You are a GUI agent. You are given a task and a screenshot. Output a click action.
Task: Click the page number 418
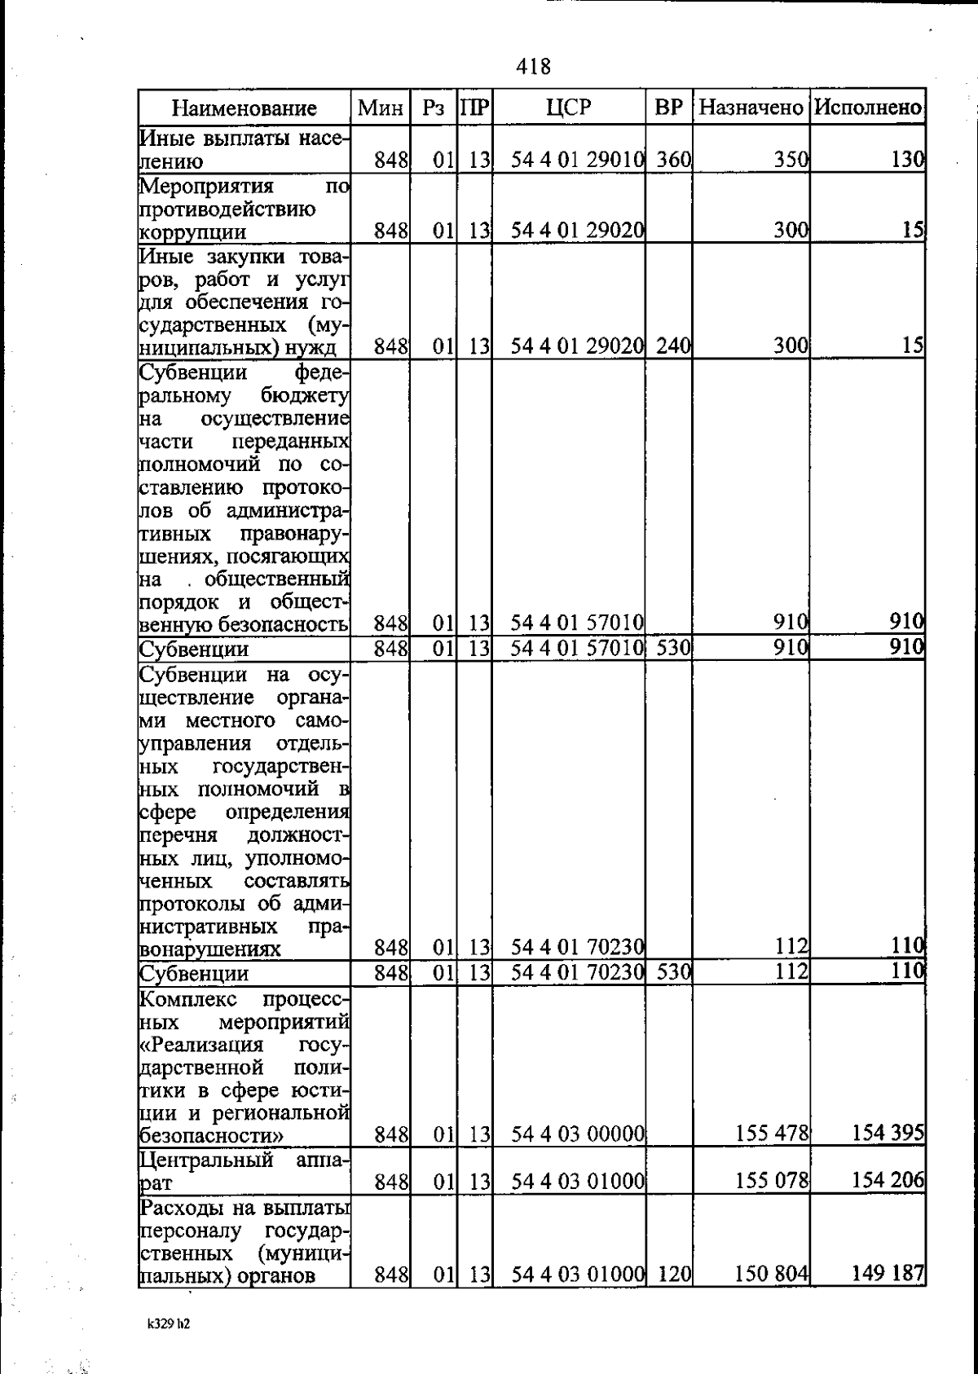click(x=534, y=66)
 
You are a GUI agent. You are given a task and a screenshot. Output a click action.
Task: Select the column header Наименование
click(x=244, y=108)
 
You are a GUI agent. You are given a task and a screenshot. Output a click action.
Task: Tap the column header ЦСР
click(x=569, y=107)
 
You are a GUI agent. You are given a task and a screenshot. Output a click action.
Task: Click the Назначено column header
click(x=751, y=108)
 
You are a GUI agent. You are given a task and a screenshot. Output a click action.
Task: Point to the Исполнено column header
click(x=868, y=108)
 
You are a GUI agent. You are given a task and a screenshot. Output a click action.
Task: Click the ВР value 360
click(x=673, y=160)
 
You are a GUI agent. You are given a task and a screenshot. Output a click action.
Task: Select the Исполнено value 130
click(x=907, y=160)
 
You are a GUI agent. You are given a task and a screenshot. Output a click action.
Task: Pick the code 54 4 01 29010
click(x=578, y=160)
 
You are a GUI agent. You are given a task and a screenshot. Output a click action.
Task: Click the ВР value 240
click(x=673, y=346)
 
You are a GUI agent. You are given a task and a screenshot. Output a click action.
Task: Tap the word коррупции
click(x=193, y=232)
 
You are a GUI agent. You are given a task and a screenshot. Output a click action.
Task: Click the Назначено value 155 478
click(x=771, y=1133)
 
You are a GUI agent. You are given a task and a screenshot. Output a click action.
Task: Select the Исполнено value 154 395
click(x=888, y=1133)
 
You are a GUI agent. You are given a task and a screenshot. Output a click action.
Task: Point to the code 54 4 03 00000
click(x=578, y=1134)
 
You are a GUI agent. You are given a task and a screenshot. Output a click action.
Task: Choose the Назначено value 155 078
click(x=771, y=1180)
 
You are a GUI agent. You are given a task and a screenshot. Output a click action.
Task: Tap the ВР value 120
click(x=673, y=1274)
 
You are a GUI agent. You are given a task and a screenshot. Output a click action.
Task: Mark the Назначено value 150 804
click(x=771, y=1274)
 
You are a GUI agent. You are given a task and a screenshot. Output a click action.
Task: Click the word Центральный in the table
click(x=207, y=1160)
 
